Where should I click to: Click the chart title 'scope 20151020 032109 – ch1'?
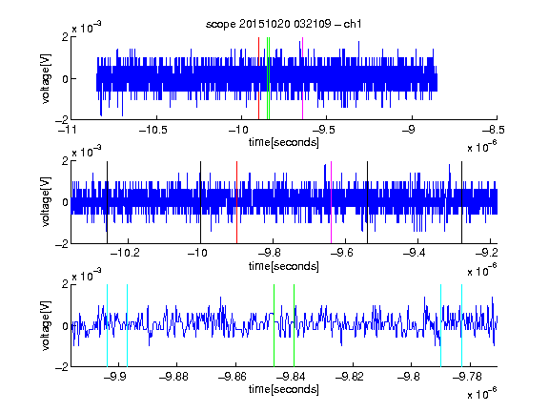coord(284,24)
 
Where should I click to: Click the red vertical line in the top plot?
coord(258,78)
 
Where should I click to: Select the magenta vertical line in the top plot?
coord(302,78)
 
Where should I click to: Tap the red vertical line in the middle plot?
coord(236,202)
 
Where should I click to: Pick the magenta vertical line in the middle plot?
coord(332,202)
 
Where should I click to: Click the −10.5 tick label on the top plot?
coord(153,130)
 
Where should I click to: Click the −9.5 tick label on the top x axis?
coord(323,130)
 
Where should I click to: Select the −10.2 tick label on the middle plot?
coord(125,253)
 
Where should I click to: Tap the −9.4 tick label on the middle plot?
coord(415,253)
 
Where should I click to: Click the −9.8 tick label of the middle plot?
coord(270,253)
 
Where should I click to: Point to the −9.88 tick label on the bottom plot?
coord(173,377)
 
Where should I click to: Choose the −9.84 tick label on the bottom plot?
coord(291,377)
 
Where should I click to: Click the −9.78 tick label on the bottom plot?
coord(467,377)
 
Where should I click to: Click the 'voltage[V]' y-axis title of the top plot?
coord(46,78)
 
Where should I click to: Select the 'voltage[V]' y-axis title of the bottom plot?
coord(46,325)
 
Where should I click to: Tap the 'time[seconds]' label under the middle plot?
coord(284,266)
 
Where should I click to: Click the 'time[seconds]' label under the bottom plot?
coord(284,389)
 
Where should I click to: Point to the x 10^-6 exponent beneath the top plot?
coord(482,146)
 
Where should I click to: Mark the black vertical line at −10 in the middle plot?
coord(200,202)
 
